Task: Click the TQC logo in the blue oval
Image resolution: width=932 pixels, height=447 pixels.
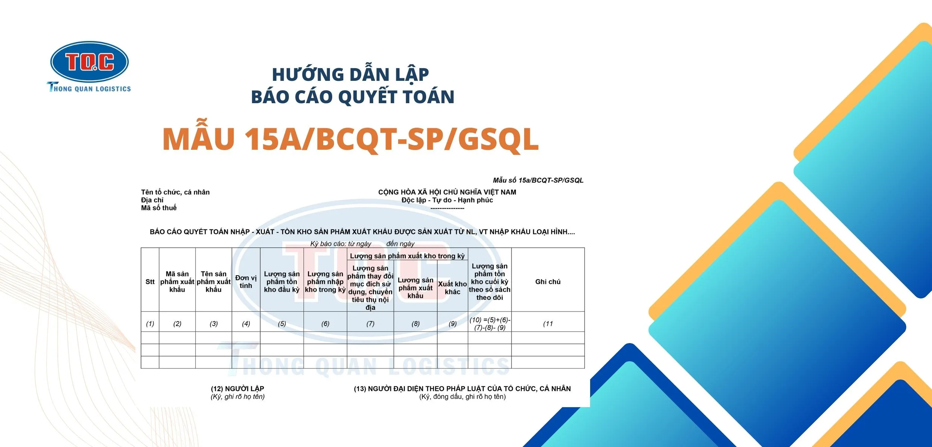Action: pyautogui.click(x=89, y=61)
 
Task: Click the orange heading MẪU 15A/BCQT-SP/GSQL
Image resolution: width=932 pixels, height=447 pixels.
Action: pyautogui.click(x=350, y=139)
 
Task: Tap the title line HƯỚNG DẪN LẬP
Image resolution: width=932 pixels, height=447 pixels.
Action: pyautogui.click(x=350, y=74)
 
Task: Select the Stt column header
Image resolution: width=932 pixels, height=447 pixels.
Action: pyautogui.click(x=150, y=282)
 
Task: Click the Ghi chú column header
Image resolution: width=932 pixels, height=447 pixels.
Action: pyautogui.click(x=548, y=282)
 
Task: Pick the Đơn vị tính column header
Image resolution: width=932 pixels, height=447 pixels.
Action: pyautogui.click(x=246, y=282)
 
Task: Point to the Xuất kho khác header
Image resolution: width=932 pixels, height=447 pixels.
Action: pyautogui.click(x=452, y=288)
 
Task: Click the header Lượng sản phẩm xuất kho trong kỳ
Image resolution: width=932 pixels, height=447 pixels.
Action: pyautogui.click(x=407, y=256)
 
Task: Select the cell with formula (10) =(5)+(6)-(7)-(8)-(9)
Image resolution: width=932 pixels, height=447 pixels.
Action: pyautogui.click(x=489, y=324)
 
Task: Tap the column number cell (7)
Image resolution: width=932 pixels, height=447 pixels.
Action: pyautogui.click(x=370, y=324)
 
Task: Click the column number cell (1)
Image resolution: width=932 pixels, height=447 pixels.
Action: pyautogui.click(x=150, y=324)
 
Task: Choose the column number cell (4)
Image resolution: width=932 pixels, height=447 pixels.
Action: pyautogui.click(x=246, y=324)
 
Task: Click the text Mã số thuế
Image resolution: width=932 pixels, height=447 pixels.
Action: pyautogui.click(x=158, y=208)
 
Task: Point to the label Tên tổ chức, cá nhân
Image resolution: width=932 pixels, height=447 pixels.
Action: pyautogui.click(x=175, y=192)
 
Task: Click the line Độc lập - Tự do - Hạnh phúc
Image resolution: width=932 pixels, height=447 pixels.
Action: pyautogui.click(x=447, y=200)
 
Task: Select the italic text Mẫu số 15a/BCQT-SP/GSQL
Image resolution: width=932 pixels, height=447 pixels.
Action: pyautogui.click(x=538, y=180)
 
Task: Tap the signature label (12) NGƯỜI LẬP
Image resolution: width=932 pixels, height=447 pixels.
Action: pyautogui.click(x=237, y=389)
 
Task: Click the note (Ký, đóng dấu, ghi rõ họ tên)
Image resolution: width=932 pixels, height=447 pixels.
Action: pyautogui.click(x=462, y=397)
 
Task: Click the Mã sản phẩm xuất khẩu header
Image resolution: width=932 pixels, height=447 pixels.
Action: pyautogui.click(x=177, y=282)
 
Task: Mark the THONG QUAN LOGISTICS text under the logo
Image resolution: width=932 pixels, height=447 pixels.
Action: pyautogui.click(x=89, y=89)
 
